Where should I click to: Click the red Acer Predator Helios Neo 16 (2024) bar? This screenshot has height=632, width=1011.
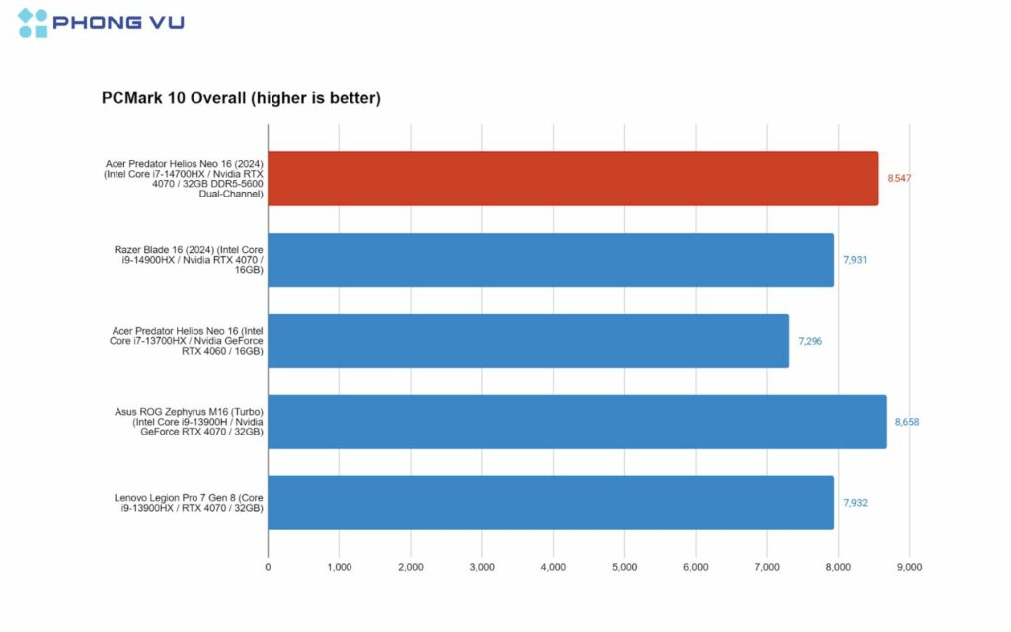[x=573, y=179]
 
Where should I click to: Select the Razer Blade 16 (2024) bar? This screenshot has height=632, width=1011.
[x=551, y=260]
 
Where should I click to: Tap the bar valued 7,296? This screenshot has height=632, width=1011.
[x=528, y=341]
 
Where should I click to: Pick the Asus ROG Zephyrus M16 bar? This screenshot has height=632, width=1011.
[x=577, y=422]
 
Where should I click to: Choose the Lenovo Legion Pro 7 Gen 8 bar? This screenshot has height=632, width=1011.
[x=551, y=503]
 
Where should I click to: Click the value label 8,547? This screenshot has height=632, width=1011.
[x=899, y=179]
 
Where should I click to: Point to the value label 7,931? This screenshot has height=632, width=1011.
[x=855, y=260]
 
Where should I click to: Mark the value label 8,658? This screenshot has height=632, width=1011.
[x=907, y=422]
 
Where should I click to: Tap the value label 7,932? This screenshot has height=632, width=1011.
[x=855, y=503]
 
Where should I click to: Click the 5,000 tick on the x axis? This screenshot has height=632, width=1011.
[x=624, y=567]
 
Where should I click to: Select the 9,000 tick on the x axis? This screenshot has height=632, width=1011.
[x=909, y=567]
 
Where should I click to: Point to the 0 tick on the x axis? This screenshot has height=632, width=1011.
[x=268, y=567]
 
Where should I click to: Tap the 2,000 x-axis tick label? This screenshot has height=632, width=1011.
[x=410, y=567]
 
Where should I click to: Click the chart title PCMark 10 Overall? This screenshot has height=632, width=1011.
[x=241, y=98]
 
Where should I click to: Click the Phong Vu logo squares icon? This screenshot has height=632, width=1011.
[x=33, y=23]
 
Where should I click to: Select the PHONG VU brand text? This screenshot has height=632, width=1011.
[x=118, y=23]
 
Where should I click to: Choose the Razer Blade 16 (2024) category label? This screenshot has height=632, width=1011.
[x=189, y=260]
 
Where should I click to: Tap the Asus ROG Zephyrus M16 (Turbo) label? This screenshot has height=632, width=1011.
[x=189, y=422]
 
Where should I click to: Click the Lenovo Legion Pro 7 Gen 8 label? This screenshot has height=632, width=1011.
[x=189, y=503]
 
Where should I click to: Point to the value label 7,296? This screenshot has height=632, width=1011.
[x=810, y=341]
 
